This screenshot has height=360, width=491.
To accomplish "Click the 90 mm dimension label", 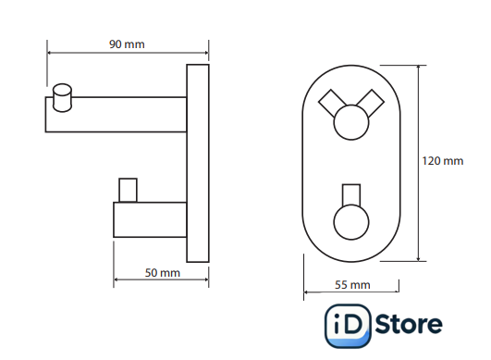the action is point(127,44).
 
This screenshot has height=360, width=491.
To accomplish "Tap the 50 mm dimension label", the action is point(162,273).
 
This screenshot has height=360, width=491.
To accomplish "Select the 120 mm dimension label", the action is point(443,161).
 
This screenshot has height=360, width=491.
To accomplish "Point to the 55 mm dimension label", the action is point(352,285).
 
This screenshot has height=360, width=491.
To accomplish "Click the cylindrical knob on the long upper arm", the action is point(62,97).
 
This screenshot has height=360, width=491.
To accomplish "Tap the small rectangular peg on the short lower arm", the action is point(128,191).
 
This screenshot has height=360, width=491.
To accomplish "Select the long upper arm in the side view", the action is point(116,115).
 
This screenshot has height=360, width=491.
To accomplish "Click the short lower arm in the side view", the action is point(150,219).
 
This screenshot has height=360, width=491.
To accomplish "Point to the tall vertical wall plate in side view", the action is point(198,163).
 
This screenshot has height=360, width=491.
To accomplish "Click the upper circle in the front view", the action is point(351,122).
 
